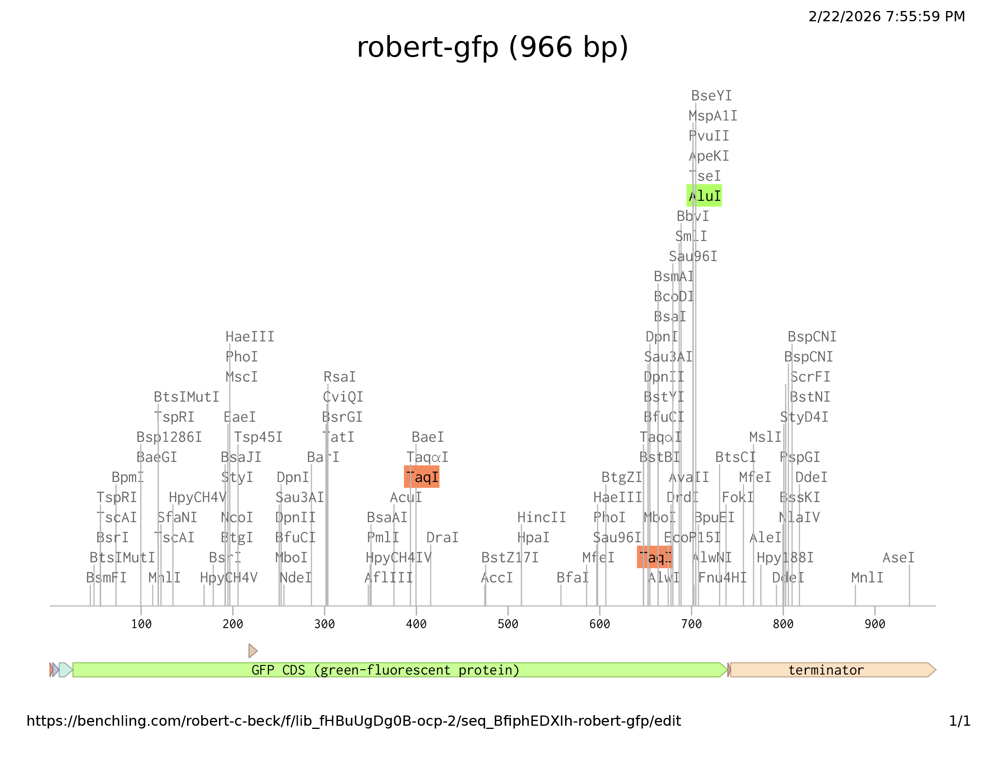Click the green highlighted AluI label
point(704,196)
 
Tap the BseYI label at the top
point(711,96)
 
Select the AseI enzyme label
point(899,558)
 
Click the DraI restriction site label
point(443,538)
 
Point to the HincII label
point(541,517)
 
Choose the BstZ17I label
point(510,558)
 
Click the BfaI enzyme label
point(573,578)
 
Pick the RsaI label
point(340,377)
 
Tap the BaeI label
point(428,437)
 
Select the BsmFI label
point(106,578)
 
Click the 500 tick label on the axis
point(508,624)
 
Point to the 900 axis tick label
point(875,624)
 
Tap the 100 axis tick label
point(141,624)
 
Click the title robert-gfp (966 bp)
point(493,48)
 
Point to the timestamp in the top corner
point(887,17)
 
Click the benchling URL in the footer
point(354,721)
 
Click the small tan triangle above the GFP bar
point(253,651)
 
